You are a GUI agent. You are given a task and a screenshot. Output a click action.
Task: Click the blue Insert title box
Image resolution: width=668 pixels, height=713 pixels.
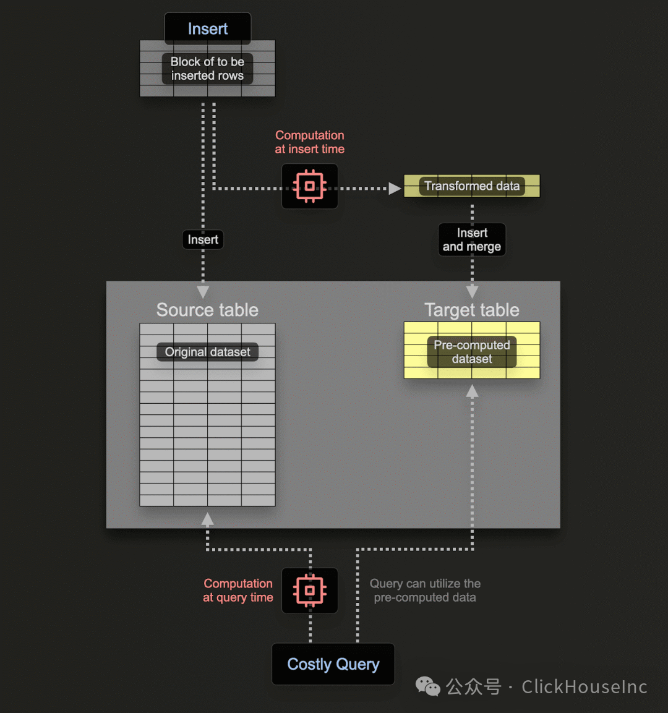[x=207, y=28]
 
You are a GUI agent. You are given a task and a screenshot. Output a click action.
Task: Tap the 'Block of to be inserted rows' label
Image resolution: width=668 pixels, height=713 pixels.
[x=207, y=69]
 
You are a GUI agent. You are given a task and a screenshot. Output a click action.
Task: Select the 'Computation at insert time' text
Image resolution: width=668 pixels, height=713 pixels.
[x=310, y=142]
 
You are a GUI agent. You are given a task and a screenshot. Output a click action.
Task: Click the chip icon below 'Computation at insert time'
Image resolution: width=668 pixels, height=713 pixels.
[x=310, y=186]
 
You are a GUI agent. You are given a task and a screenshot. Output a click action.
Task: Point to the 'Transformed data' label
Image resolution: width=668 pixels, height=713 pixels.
[x=472, y=186]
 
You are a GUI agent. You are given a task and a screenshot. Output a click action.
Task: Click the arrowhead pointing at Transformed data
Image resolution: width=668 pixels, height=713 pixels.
[x=395, y=188]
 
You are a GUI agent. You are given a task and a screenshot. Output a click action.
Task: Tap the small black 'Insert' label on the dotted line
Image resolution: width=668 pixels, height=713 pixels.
[x=203, y=240]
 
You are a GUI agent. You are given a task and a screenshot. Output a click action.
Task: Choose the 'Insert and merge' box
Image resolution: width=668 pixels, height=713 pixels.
[x=472, y=240]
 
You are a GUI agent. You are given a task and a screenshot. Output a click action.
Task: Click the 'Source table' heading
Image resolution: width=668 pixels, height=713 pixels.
[x=207, y=310]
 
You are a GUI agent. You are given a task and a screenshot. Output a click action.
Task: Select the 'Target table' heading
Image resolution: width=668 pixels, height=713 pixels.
[x=472, y=310]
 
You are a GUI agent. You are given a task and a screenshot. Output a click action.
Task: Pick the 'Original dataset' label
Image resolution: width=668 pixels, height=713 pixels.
[x=207, y=352]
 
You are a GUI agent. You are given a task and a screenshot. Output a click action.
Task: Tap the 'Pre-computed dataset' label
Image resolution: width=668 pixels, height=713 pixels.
[x=472, y=352]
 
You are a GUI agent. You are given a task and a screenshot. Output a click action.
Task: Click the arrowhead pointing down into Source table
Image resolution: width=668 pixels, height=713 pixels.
[x=203, y=292]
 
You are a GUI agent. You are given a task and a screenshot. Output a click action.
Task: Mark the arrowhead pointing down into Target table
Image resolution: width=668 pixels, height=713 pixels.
[x=472, y=292]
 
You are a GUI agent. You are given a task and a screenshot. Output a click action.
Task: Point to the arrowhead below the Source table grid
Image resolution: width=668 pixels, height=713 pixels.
[x=207, y=519]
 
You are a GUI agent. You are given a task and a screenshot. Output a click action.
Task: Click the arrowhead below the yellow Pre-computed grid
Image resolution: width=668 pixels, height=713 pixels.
[x=472, y=391]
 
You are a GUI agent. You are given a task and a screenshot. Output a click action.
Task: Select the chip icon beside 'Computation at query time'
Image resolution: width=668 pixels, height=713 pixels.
[x=310, y=590]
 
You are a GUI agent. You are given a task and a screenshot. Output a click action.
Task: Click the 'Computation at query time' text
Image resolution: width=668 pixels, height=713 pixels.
[x=238, y=590]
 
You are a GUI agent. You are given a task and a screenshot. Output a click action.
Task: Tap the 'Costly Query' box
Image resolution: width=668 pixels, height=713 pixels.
[x=333, y=664]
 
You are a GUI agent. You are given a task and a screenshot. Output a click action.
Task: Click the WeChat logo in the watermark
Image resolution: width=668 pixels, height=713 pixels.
[x=427, y=686]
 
